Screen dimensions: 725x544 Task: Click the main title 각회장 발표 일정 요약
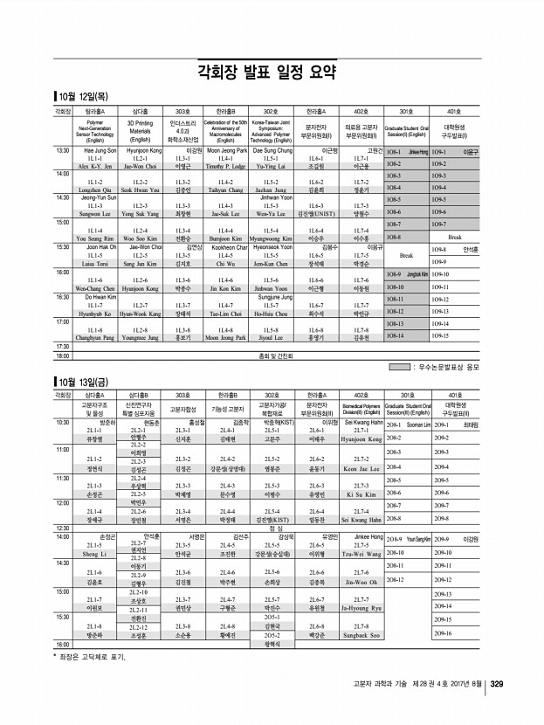click(x=272, y=70)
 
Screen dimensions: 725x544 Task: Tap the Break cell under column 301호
click(x=405, y=256)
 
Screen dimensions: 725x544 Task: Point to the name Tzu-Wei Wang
click(x=361, y=554)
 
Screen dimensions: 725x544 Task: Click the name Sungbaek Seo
click(x=361, y=634)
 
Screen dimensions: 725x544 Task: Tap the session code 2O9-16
click(x=442, y=633)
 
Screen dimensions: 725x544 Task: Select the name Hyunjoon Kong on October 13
click(x=361, y=439)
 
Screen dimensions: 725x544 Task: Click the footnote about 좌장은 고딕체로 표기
click(x=92, y=655)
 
